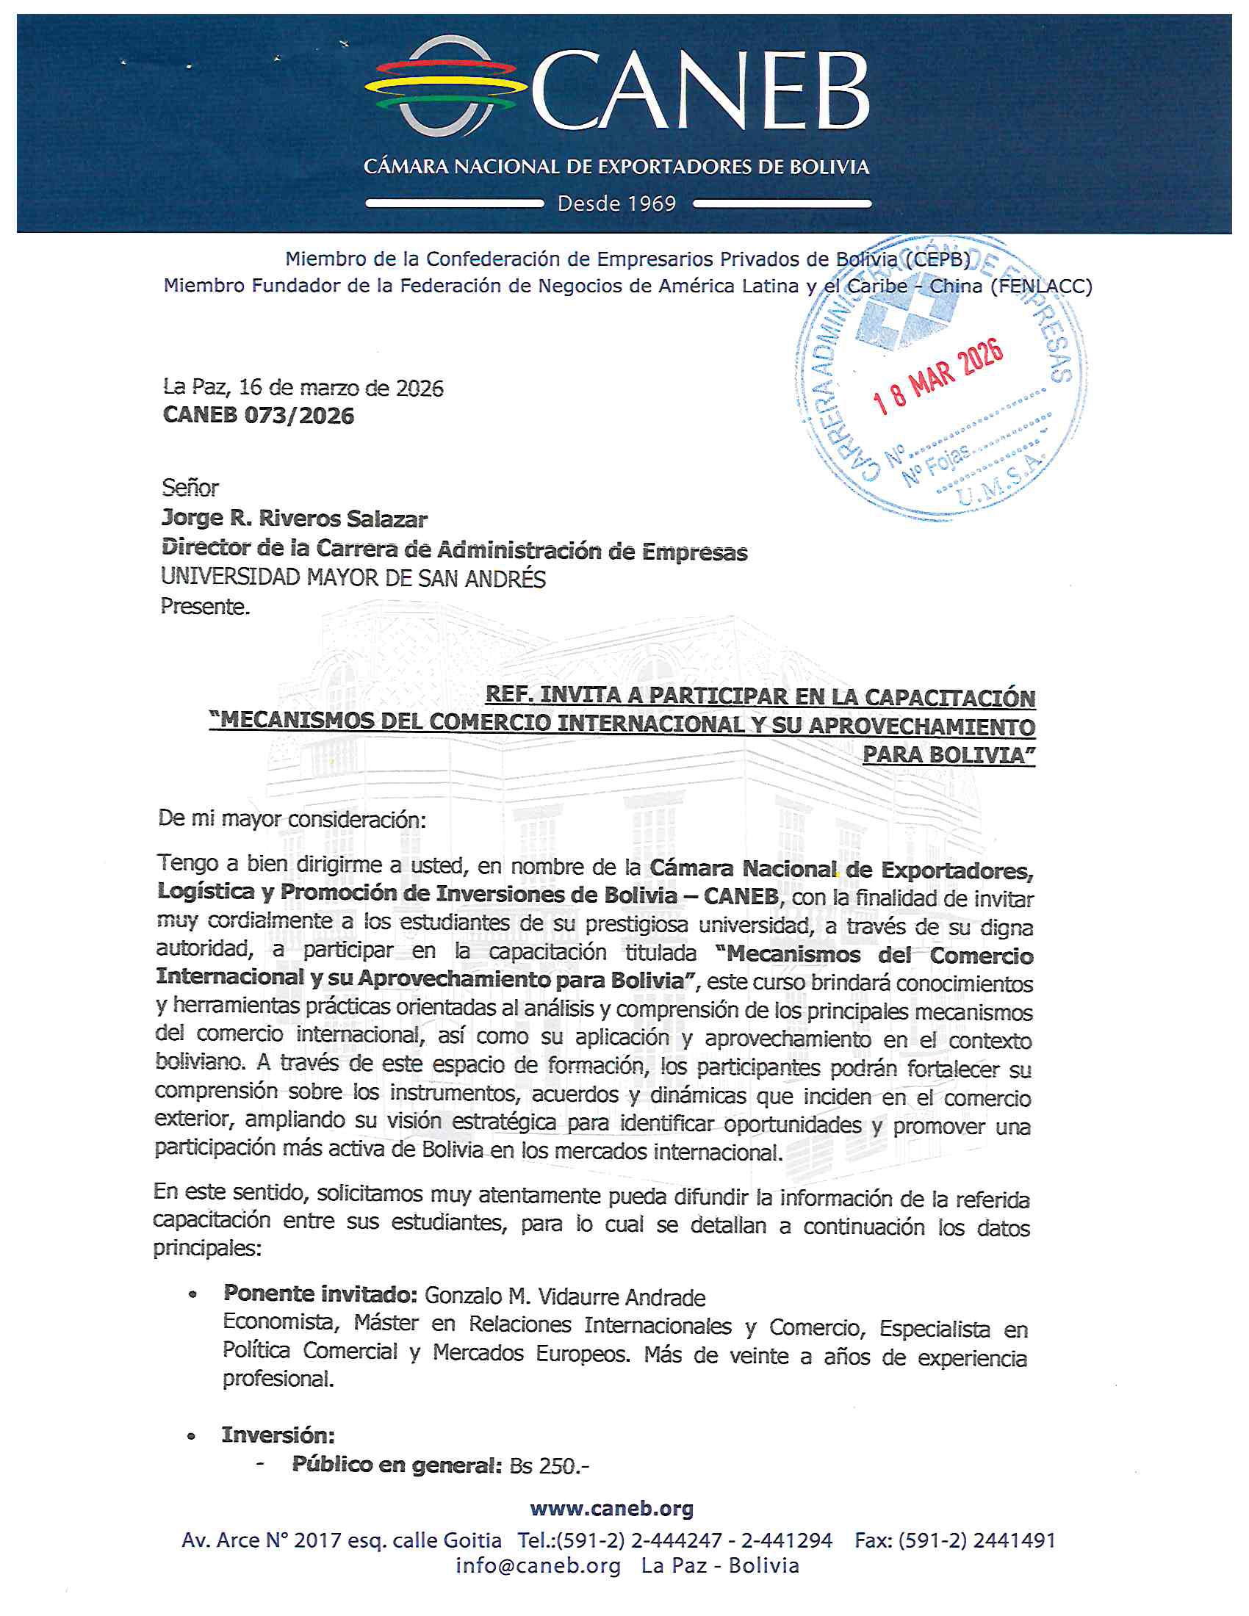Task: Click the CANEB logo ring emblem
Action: tap(441, 87)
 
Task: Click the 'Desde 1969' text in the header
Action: tap(616, 203)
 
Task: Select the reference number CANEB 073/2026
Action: tap(258, 416)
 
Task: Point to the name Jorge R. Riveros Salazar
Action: tap(295, 519)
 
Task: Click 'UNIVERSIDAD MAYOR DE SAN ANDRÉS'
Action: tap(353, 578)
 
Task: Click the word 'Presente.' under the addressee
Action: tap(205, 607)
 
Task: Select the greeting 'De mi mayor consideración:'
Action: tap(292, 819)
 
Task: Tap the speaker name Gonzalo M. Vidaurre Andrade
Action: tap(564, 1297)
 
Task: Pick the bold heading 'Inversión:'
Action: tap(278, 1435)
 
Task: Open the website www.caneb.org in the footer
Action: tap(612, 1509)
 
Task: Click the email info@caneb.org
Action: tap(538, 1567)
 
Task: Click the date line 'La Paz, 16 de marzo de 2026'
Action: tap(303, 388)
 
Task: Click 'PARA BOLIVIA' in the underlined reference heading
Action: tap(949, 754)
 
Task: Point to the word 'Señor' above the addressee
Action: tap(190, 488)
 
